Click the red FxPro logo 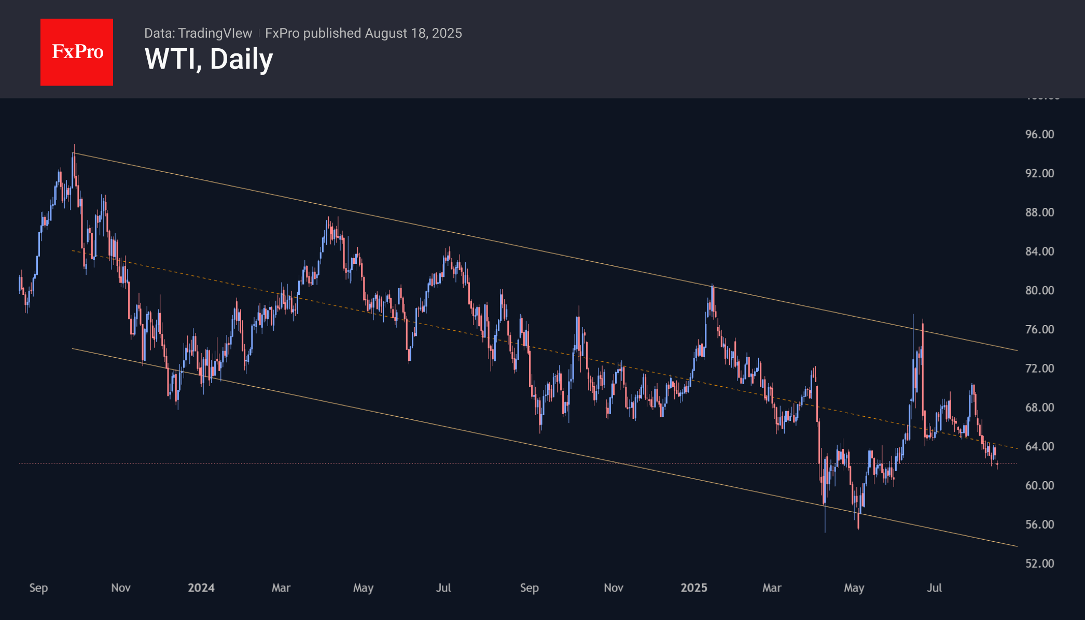point(77,52)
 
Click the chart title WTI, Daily point(208,59)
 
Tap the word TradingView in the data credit point(215,33)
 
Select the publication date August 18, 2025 point(413,33)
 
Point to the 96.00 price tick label point(1039,134)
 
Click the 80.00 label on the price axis point(1039,290)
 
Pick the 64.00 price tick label point(1039,446)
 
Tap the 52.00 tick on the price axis point(1039,563)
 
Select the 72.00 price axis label point(1039,369)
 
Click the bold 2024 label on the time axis point(201,588)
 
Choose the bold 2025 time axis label point(694,588)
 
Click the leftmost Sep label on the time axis point(38,588)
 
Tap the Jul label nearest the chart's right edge point(934,588)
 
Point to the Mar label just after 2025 point(772,588)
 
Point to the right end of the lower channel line point(1016,546)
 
